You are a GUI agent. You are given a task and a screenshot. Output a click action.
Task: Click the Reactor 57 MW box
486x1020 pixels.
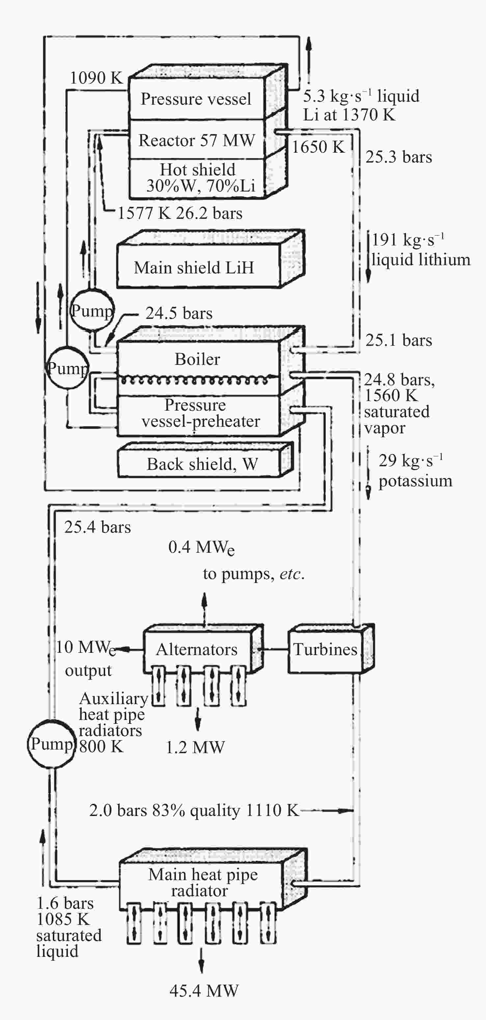tap(197, 140)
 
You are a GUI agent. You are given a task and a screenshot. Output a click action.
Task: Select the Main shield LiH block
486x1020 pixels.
tap(211, 259)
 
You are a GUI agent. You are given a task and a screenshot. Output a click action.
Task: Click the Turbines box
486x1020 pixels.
tap(331, 649)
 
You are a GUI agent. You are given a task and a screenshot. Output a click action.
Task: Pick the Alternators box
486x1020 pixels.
tap(203, 649)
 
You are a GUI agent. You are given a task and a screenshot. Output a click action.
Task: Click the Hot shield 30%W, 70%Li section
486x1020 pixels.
tap(197, 178)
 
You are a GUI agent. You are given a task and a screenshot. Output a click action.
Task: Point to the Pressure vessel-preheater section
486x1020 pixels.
tap(198, 414)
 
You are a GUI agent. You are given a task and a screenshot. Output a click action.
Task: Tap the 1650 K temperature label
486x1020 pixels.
tap(318, 147)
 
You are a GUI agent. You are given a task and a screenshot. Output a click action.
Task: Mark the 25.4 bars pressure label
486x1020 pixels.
tap(97, 527)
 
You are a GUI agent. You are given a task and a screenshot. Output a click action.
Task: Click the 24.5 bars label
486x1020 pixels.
tap(179, 313)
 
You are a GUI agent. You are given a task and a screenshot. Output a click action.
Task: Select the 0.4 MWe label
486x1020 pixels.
tap(201, 548)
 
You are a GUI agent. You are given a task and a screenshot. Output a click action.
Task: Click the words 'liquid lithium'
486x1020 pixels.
tap(421, 259)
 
